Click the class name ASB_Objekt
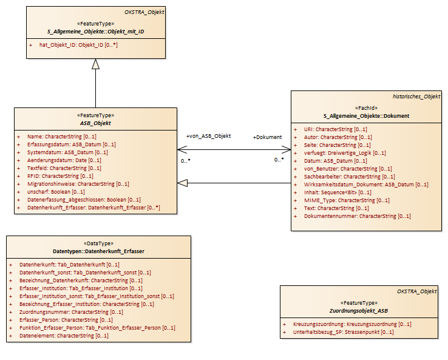tap(95, 123)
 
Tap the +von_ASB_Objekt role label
tap(209, 136)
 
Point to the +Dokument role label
tap(268, 137)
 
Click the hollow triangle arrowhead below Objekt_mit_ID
tap(95, 64)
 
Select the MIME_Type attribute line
tap(347, 200)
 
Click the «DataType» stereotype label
tap(98, 243)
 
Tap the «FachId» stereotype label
tap(366, 108)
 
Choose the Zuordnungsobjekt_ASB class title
tap(359, 311)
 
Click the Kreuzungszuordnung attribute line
tap(352, 324)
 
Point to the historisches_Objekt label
tap(416, 97)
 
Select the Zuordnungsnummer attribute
tap(71, 312)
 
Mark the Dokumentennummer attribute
tap(357, 216)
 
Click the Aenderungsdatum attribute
tap(64, 160)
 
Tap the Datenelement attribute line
tap(64, 336)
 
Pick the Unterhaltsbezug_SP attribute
tap(344, 332)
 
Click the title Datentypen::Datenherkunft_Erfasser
tap(98, 251)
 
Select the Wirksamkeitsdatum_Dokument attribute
tap(366, 185)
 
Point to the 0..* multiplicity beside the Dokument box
tap(279, 160)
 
